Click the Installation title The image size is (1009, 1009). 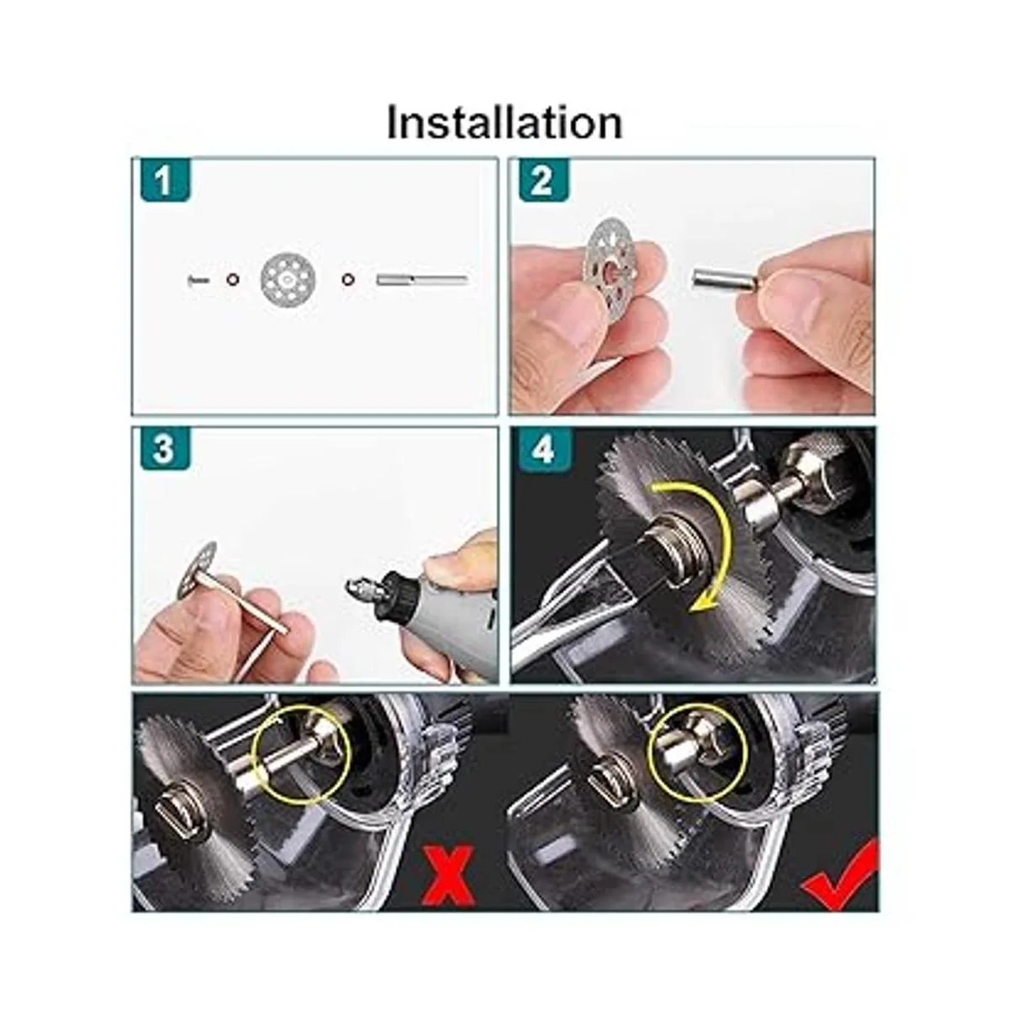tap(504, 123)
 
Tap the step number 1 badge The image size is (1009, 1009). tap(165, 181)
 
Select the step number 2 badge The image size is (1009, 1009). tap(543, 181)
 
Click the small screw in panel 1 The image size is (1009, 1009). tap(197, 280)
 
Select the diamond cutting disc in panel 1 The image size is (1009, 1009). tap(288, 280)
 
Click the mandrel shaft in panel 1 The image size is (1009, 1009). tap(421, 280)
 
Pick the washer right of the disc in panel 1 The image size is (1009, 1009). tap(346, 280)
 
